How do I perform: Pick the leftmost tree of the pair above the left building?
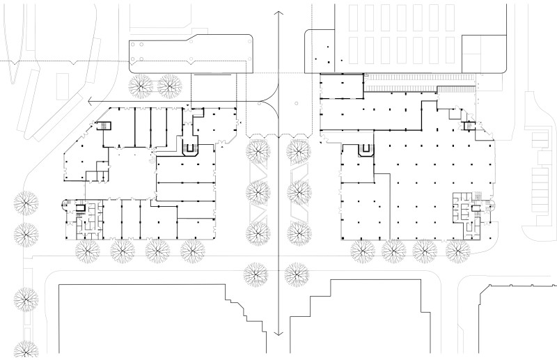[x=142, y=86]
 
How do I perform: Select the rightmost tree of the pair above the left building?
[x=170, y=86]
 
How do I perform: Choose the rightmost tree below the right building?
[x=457, y=250]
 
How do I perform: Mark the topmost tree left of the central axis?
[x=258, y=150]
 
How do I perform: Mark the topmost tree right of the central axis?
[x=299, y=150]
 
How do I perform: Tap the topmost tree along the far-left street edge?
[x=26, y=203]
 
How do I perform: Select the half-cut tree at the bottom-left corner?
[x=26, y=350]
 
